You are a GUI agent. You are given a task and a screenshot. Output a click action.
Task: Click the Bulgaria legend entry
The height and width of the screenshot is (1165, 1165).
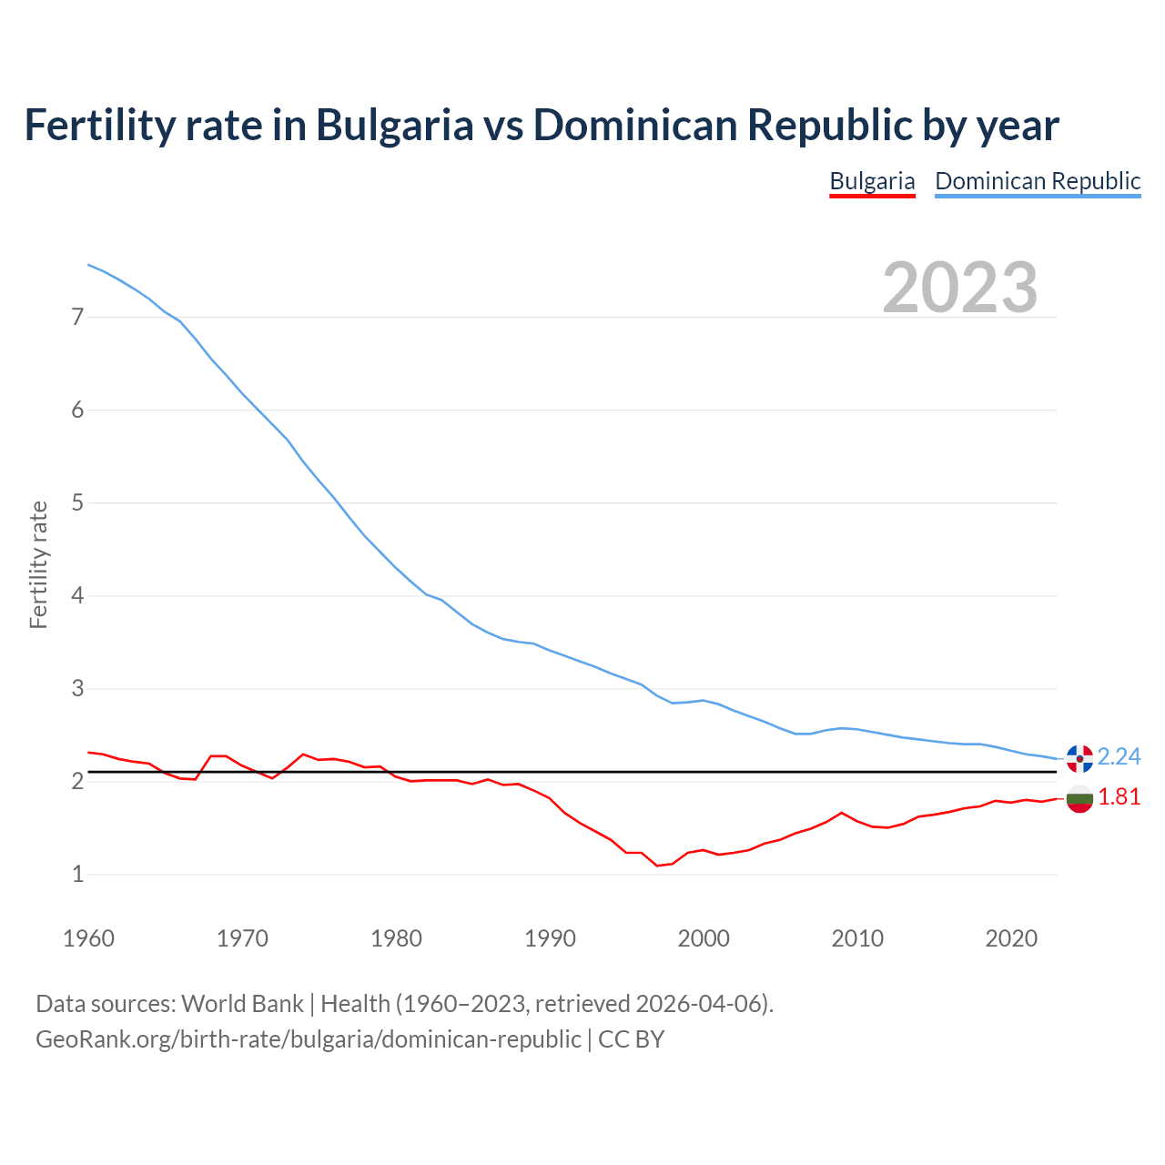[x=872, y=181]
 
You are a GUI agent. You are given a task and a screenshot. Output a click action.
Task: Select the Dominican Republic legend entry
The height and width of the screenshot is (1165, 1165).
[x=1038, y=181]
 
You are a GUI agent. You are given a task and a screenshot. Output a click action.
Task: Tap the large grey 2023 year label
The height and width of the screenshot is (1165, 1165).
[x=960, y=288]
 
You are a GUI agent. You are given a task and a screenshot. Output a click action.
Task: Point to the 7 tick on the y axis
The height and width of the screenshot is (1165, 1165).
[x=77, y=317]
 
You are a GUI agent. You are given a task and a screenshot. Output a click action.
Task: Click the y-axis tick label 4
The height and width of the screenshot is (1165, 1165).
[x=77, y=596]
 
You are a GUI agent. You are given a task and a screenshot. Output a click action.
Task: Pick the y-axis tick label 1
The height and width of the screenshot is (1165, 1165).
[x=77, y=875]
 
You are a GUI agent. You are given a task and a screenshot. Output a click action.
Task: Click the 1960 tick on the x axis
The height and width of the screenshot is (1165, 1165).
[x=88, y=938]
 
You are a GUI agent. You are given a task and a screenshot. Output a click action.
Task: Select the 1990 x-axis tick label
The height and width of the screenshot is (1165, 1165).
[x=550, y=938]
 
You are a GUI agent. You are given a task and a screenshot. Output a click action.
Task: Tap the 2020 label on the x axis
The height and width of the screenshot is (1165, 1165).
[x=1011, y=938]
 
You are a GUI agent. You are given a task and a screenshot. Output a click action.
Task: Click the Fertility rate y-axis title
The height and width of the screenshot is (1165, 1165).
[x=38, y=564]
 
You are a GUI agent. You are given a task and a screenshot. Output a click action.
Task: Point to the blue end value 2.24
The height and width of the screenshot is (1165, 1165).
[x=1119, y=757]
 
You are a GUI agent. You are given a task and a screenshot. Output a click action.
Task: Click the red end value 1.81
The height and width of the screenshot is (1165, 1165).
[x=1119, y=797]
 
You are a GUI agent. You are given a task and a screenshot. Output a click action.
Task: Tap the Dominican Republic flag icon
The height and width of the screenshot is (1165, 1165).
[x=1079, y=757]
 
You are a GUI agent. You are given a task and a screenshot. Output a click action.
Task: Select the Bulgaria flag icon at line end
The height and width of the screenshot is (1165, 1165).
[x=1079, y=799]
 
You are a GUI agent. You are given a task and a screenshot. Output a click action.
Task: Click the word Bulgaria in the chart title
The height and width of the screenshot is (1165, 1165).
[x=394, y=126]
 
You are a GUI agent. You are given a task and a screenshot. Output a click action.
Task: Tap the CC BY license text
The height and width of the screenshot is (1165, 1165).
[x=631, y=1039]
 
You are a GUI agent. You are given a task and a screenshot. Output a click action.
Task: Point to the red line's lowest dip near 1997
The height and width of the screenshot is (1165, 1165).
[x=657, y=865]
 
